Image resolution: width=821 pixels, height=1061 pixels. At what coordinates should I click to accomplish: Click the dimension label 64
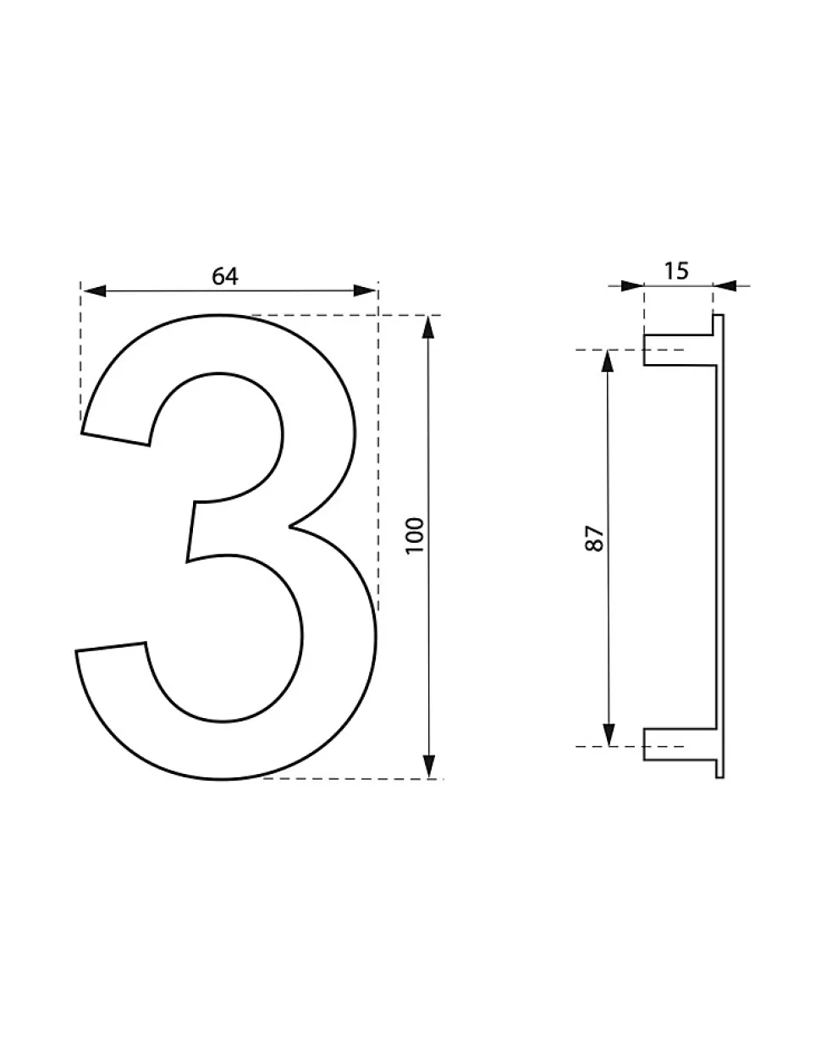[x=225, y=277]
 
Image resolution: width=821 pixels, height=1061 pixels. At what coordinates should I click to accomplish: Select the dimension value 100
[x=415, y=535]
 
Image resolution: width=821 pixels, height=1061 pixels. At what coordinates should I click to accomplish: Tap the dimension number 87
[x=593, y=538]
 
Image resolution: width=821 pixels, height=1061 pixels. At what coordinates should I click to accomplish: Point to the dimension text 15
[x=676, y=271]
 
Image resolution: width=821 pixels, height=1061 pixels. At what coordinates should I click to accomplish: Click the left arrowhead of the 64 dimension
[x=94, y=291]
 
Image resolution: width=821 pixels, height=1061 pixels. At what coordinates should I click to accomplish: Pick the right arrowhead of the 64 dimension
[x=365, y=291]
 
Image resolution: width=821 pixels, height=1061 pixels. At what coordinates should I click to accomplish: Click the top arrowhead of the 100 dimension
[x=428, y=327]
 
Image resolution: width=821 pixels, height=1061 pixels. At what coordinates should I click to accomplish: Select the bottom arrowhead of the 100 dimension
[x=428, y=766]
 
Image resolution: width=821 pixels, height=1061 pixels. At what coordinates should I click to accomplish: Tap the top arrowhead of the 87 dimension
[x=608, y=362]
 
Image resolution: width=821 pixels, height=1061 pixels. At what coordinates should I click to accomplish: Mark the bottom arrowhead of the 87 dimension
[x=608, y=734]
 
